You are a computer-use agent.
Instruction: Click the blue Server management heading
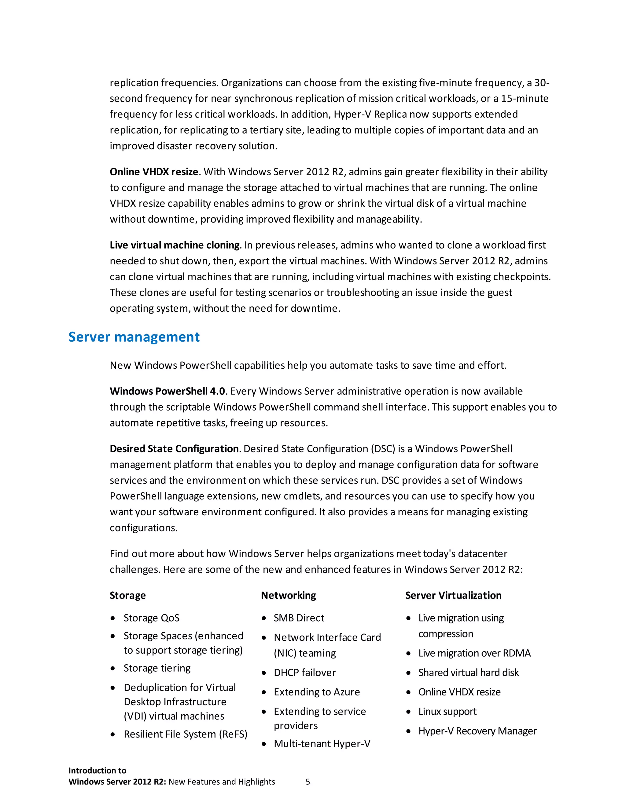tap(134, 337)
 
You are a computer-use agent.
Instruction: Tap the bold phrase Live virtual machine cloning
tap(175, 245)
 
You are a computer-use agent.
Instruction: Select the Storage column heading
tap(127, 595)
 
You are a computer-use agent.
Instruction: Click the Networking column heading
tap(288, 595)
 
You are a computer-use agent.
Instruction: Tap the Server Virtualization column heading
tap(453, 595)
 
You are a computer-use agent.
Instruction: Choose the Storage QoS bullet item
tap(151, 618)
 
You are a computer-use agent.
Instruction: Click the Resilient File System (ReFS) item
tap(186, 734)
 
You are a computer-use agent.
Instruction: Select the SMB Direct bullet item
tap(299, 618)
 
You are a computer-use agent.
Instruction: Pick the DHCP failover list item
tap(305, 673)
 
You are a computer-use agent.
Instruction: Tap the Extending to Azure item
tap(317, 692)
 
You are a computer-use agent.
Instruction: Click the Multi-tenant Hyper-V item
tap(322, 744)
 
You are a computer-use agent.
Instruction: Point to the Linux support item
tap(447, 712)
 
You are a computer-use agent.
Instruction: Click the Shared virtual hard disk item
tap(468, 673)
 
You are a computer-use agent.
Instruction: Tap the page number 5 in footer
tap(307, 782)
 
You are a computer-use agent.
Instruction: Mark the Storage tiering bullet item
tap(157, 668)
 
